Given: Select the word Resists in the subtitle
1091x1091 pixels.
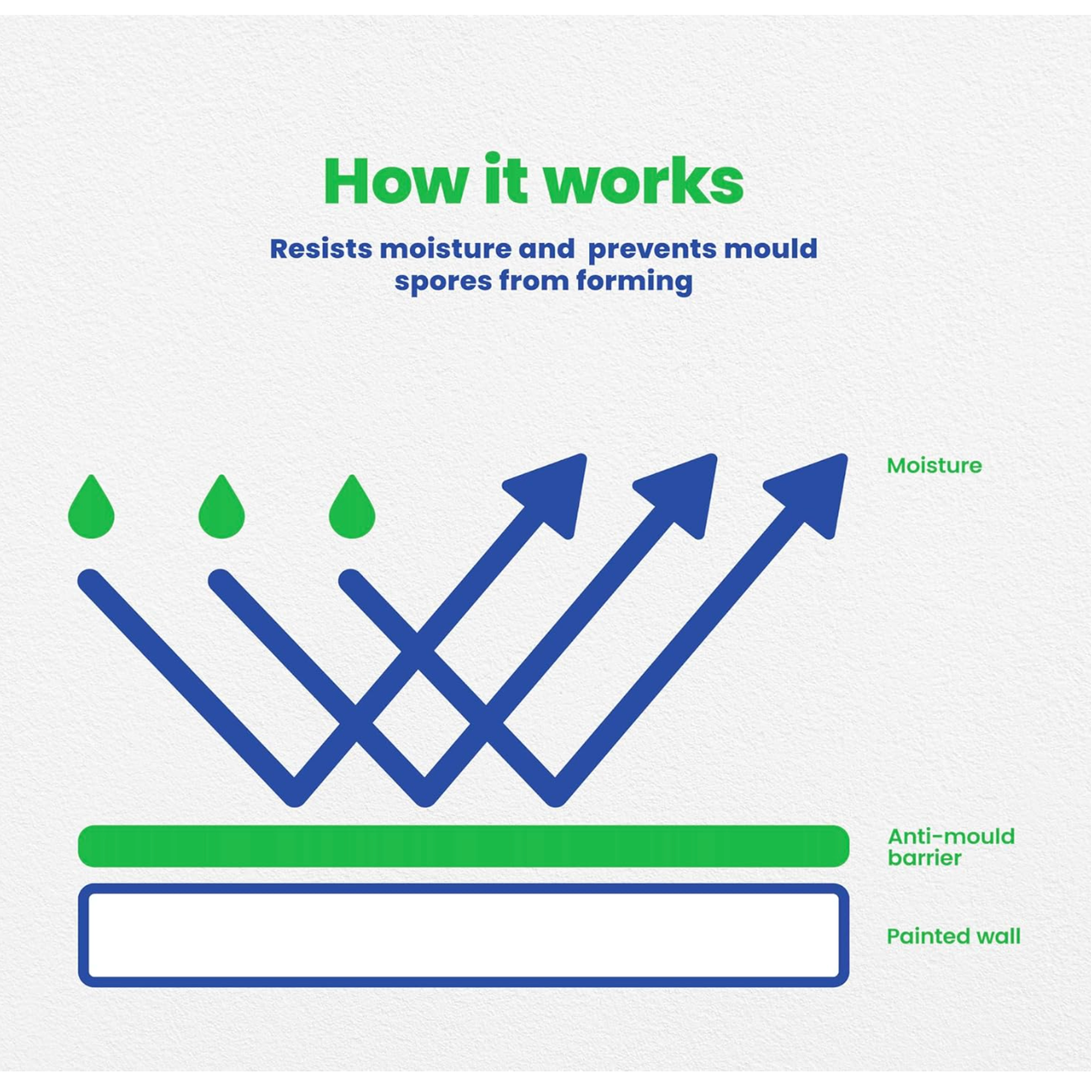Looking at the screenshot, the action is click(x=321, y=249).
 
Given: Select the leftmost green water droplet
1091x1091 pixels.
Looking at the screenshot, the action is click(x=91, y=509).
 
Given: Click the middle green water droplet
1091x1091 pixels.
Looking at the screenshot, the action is click(x=222, y=509).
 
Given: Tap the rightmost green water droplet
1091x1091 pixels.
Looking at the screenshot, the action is click(x=352, y=509).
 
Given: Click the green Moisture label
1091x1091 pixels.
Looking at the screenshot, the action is click(x=934, y=466).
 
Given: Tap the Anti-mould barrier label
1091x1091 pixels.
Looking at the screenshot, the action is click(x=951, y=847).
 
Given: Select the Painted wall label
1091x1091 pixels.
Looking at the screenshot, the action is click(x=954, y=937).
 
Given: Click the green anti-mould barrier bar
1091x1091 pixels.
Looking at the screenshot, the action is click(x=463, y=846).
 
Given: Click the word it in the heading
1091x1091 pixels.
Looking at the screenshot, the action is click(x=506, y=179).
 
